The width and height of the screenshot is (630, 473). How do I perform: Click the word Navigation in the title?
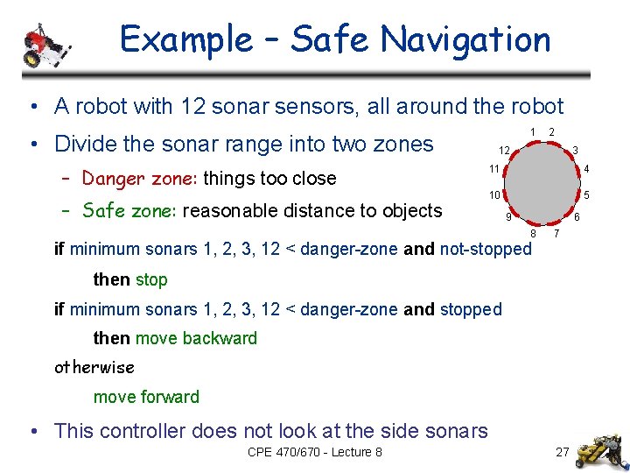coord(465,39)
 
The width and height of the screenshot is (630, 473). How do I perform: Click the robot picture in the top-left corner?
coord(45,46)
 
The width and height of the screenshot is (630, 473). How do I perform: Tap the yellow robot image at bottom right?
coord(602,441)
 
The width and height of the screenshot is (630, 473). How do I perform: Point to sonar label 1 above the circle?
coord(534,131)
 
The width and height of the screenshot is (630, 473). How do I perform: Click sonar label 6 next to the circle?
coord(577,216)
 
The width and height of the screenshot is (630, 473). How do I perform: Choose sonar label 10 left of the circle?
coord(494,194)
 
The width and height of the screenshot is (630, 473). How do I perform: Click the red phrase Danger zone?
coord(140,179)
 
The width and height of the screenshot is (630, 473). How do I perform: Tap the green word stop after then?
coord(151,280)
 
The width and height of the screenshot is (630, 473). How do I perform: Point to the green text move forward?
coord(146,397)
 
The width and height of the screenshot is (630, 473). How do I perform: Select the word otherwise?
coord(94,367)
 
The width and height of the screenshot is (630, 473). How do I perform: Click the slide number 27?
coord(562,453)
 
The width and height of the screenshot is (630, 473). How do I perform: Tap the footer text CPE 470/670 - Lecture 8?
coord(315,453)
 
